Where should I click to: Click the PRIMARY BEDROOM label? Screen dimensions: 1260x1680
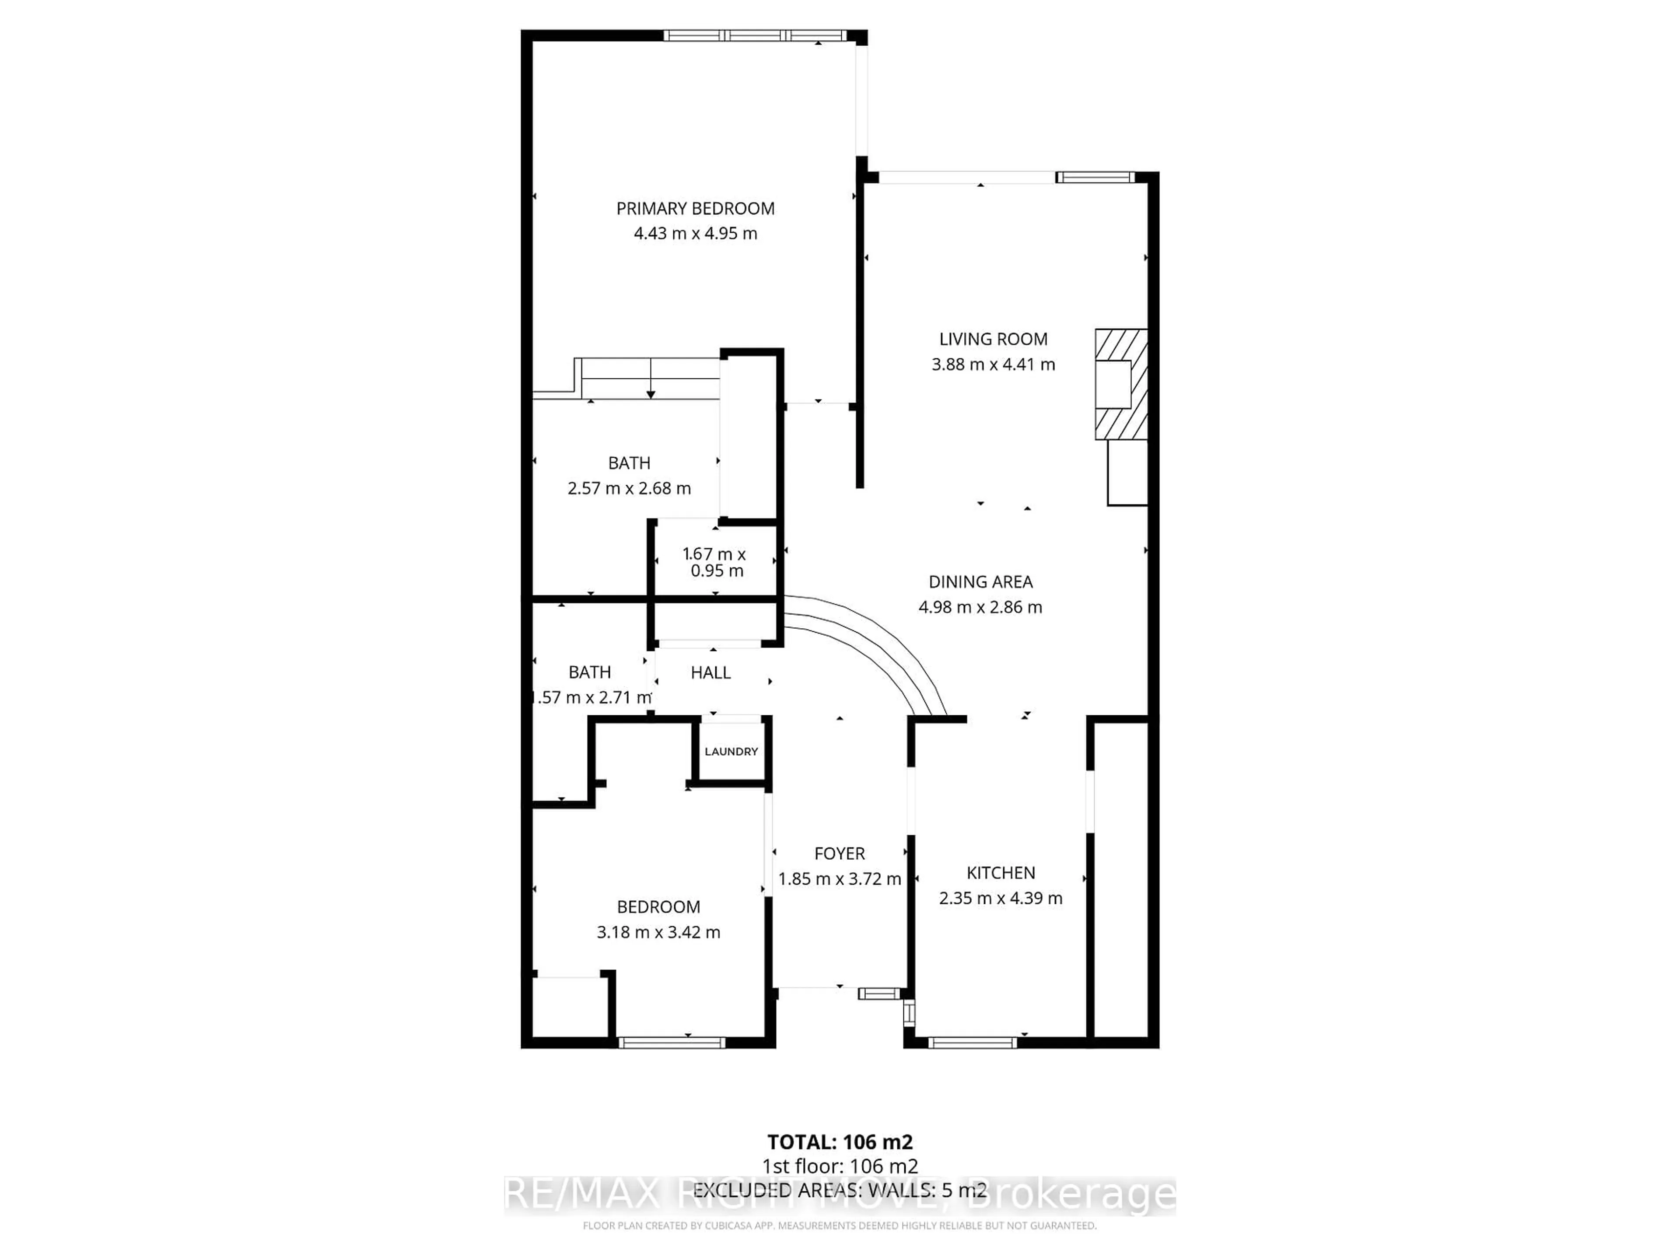click(x=695, y=208)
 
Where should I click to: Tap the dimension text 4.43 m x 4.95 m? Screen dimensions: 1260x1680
click(x=695, y=233)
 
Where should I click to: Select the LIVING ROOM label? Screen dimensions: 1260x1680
click(x=993, y=339)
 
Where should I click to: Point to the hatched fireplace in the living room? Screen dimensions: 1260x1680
click(x=1120, y=384)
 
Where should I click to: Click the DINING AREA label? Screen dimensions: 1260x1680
click(x=980, y=582)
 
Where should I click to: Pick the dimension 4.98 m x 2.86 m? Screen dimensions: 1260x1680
click(x=980, y=607)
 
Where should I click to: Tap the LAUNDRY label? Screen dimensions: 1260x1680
click(x=731, y=751)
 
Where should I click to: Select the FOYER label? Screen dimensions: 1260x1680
click(x=839, y=854)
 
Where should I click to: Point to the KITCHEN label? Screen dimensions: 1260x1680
click(x=1000, y=873)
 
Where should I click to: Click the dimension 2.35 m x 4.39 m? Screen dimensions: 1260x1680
click(x=1000, y=898)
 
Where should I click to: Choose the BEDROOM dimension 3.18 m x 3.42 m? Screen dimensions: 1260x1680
click(x=658, y=932)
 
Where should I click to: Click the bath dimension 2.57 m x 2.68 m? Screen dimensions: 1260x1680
click(x=629, y=488)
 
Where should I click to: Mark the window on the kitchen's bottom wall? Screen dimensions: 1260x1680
click(x=972, y=1043)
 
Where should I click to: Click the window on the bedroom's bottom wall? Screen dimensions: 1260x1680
click(x=672, y=1043)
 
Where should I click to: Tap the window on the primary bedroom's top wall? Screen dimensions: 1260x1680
click(x=754, y=35)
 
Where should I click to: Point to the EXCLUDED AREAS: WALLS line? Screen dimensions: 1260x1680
click(x=839, y=1190)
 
